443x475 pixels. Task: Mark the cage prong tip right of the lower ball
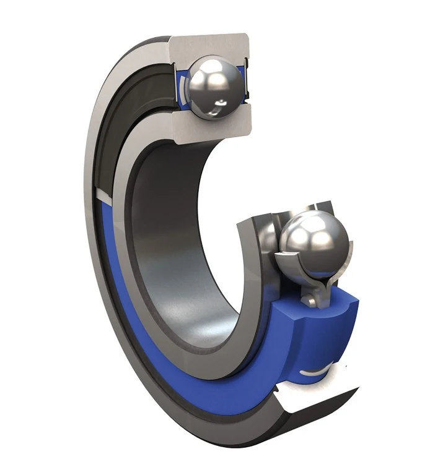click(348, 251)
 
